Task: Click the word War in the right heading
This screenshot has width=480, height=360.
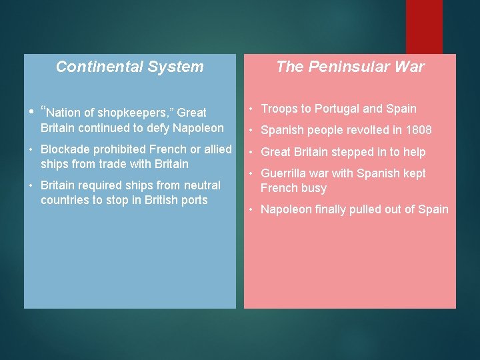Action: pos(409,67)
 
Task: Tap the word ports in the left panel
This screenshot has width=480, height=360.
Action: pos(193,200)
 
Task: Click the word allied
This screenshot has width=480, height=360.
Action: pos(215,149)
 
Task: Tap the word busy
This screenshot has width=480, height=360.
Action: pos(313,188)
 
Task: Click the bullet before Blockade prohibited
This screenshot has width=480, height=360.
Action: pos(32,149)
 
